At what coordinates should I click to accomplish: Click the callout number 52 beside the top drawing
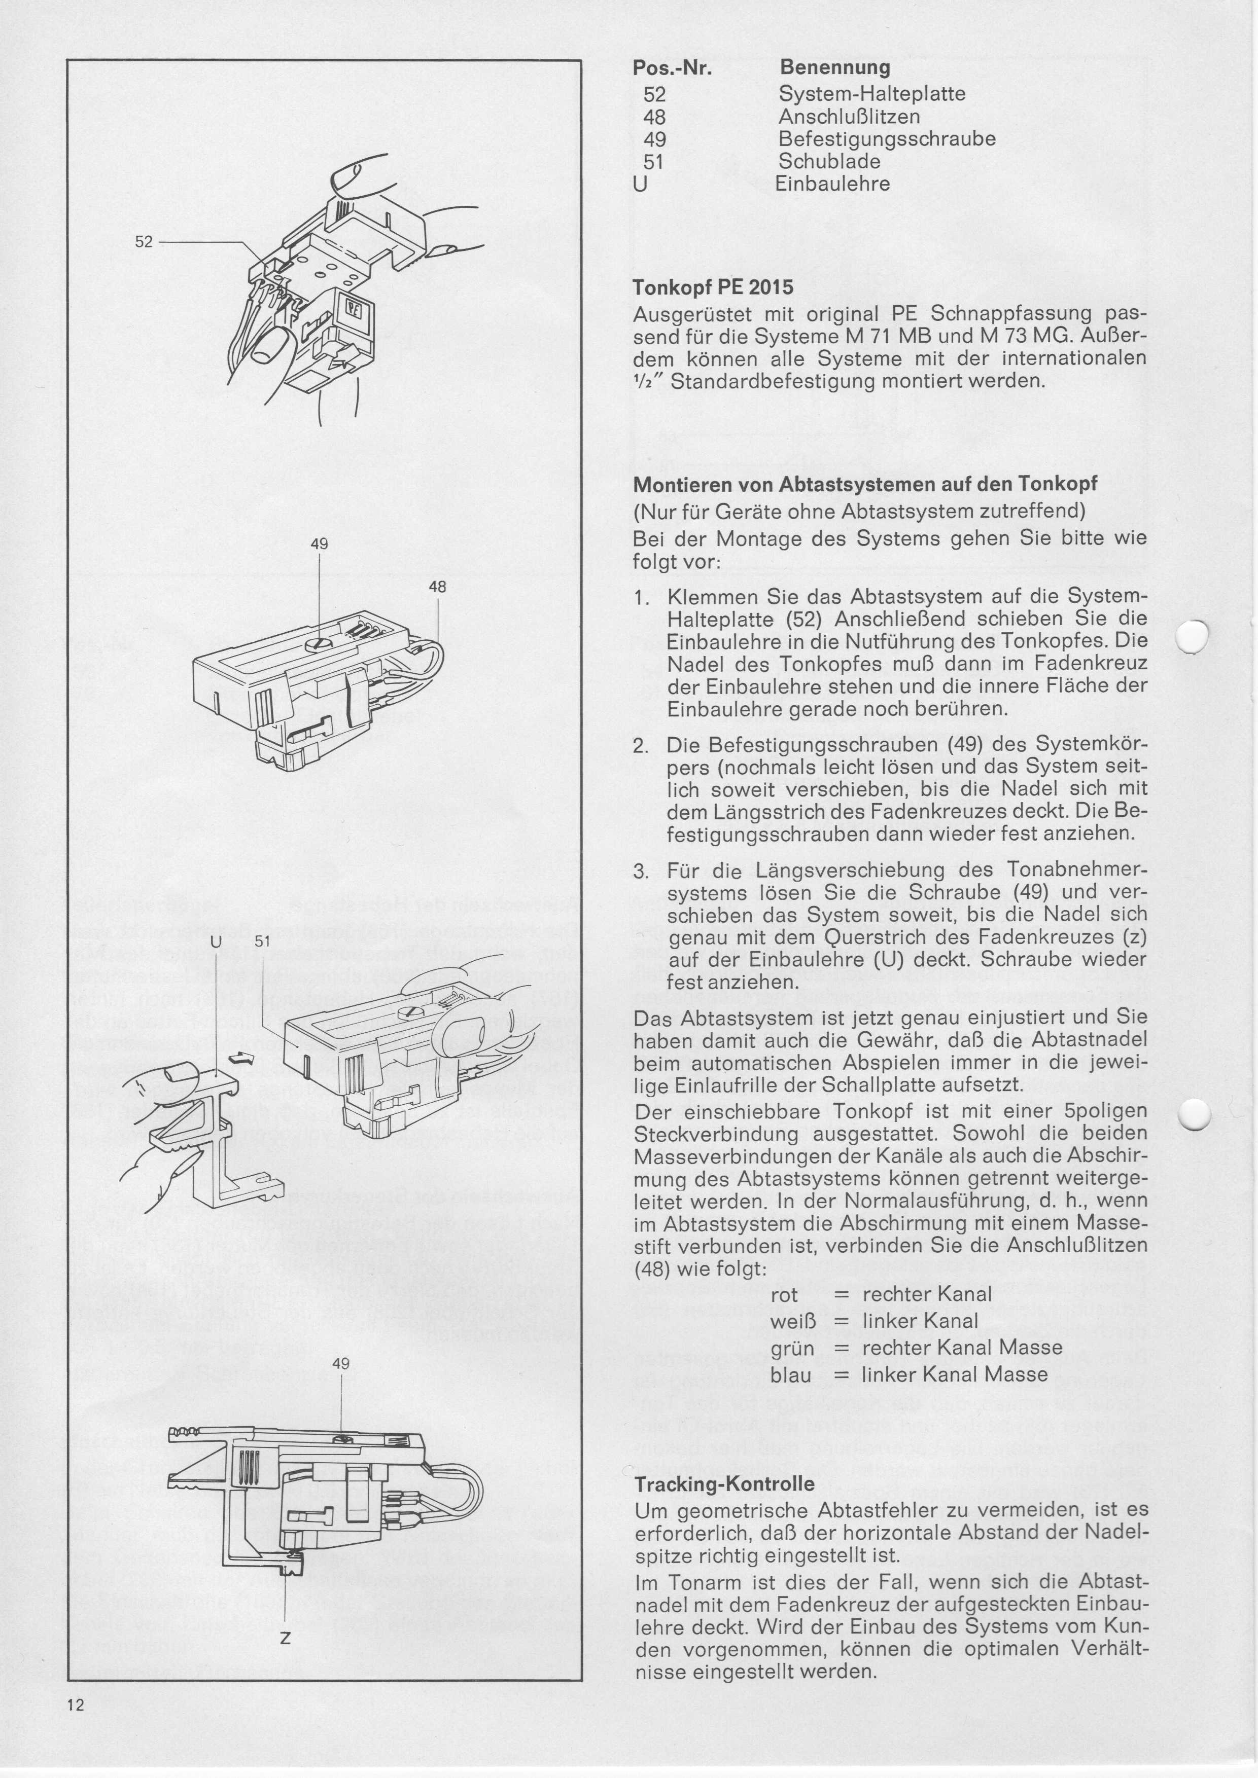coord(144,242)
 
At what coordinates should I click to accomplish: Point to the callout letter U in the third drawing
coord(216,941)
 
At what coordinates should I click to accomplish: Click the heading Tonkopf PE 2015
coord(713,287)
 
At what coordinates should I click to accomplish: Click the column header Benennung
coord(835,67)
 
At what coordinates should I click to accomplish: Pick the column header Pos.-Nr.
coord(672,68)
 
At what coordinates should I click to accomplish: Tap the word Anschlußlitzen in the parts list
coord(849,117)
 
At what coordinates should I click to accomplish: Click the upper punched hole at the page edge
coord(1193,637)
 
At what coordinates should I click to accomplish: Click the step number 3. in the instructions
coord(641,871)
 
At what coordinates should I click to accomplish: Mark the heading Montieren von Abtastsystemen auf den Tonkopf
coord(865,485)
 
